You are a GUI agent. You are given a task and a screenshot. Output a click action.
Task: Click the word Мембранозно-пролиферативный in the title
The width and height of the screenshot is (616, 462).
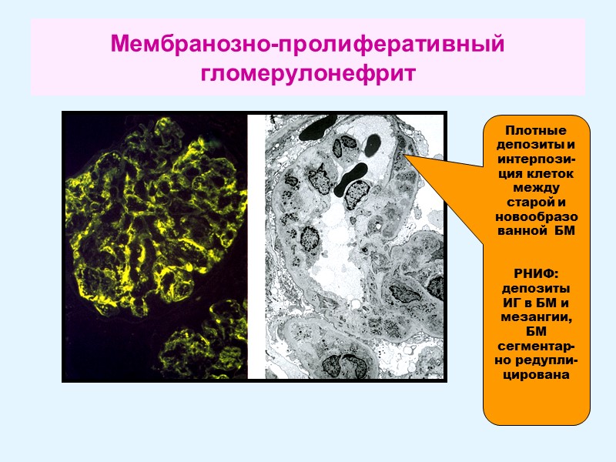point(308,43)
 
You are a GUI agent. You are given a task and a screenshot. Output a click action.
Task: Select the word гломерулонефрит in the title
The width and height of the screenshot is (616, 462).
point(308,74)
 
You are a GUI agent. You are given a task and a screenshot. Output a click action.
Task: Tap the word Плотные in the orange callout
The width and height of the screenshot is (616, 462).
point(536,130)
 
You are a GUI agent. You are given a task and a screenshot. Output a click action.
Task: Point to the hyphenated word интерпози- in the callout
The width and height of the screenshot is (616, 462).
point(536,159)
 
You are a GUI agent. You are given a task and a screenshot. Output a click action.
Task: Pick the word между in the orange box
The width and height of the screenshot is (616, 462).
point(536,188)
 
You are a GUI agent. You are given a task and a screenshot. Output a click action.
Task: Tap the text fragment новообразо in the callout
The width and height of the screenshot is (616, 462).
point(536,217)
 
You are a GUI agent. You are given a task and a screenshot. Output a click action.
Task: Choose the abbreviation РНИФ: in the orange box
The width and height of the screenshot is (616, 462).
point(536,274)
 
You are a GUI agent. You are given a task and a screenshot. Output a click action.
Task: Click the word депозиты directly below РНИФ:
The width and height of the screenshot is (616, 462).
point(536,289)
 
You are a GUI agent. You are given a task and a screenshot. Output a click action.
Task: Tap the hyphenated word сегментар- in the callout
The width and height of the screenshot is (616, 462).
point(536,347)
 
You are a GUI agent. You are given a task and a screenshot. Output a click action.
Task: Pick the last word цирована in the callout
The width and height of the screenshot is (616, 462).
point(536,377)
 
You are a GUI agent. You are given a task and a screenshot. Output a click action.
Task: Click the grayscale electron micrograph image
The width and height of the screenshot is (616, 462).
point(354,246)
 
